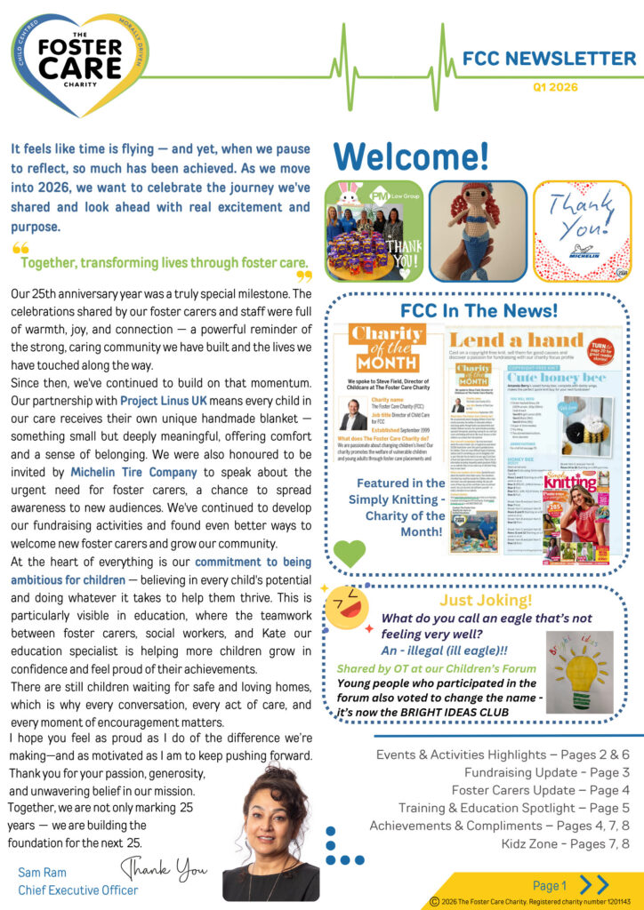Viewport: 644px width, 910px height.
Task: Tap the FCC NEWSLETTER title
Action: [549, 60]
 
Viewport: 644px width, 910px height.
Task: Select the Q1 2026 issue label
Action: [555, 87]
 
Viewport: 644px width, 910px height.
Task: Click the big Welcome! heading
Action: [411, 156]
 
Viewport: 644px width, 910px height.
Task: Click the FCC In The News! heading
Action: [479, 310]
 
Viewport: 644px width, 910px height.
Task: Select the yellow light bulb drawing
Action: [579, 672]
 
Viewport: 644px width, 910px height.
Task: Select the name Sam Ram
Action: [42, 873]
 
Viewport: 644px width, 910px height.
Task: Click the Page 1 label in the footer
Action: [549, 885]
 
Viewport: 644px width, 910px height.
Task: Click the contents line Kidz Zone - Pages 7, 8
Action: [553, 843]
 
